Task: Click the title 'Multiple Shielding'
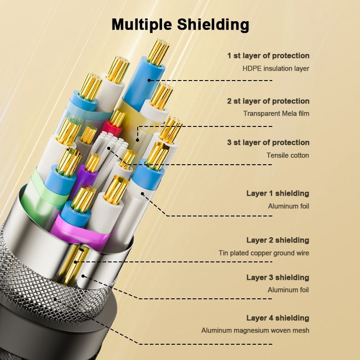click(x=180, y=25)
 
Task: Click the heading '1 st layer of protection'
click(x=268, y=55)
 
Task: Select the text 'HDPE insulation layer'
click(x=276, y=68)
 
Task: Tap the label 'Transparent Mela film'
click(x=276, y=113)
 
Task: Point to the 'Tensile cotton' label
click(x=288, y=155)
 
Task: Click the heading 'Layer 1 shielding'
click(x=278, y=193)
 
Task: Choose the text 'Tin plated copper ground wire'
click(x=264, y=253)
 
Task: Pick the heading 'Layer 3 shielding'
click(x=278, y=277)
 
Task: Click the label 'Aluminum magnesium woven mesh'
click(x=255, y=330)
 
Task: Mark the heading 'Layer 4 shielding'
click(x=278, y=318)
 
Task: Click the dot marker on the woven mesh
click(x=55, y=299)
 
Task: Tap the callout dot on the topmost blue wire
click(x=149, y=81)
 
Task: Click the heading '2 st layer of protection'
click(x=268, y=101)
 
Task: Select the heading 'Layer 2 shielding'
click(x=278, y=240)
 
